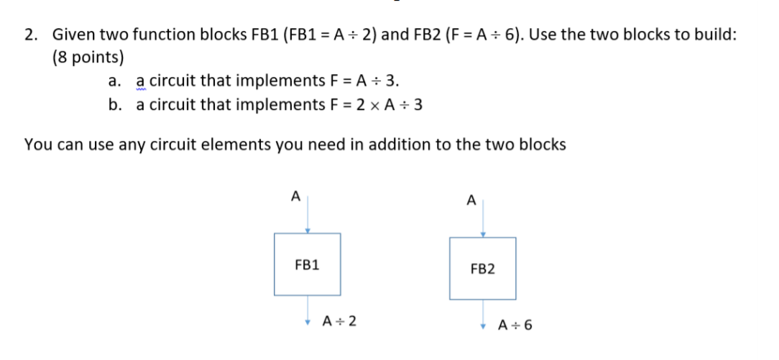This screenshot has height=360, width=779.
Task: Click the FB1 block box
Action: (307, 264)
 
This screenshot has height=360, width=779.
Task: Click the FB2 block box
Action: (482, 268)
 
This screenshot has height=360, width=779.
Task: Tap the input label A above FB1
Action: (293, 195)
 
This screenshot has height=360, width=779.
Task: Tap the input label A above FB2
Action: (471, 201)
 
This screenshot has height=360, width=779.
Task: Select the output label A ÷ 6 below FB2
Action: (516, 325)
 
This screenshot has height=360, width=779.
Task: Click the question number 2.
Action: (29, 34)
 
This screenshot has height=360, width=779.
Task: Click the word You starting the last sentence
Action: (37, 144)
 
